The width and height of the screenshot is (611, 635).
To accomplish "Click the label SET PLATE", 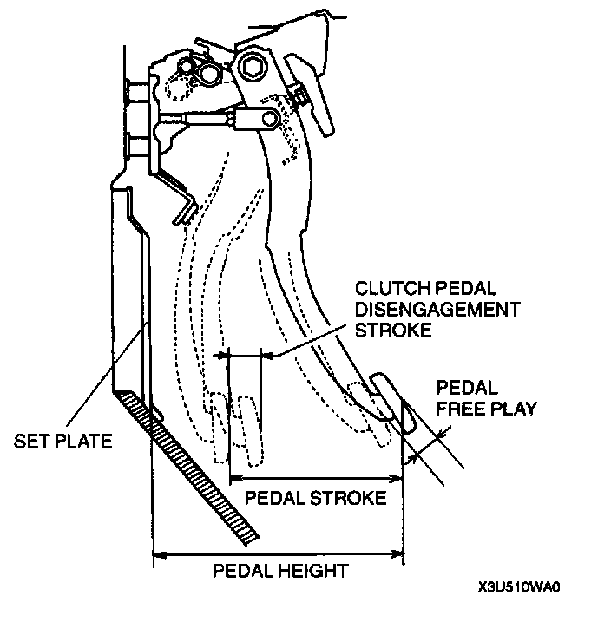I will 63,442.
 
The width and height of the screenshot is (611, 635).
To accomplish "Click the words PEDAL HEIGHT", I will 280,570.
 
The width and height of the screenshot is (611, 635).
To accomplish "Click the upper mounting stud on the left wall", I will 135,89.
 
